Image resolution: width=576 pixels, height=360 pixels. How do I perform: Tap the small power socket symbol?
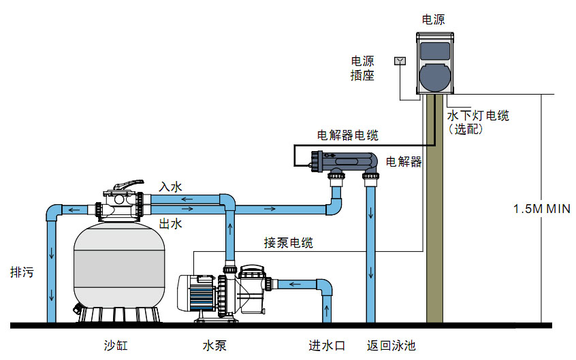tap(399, 61)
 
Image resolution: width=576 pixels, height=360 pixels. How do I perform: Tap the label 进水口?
tap(327, 346)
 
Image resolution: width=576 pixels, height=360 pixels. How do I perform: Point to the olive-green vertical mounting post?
tap(434, 218)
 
